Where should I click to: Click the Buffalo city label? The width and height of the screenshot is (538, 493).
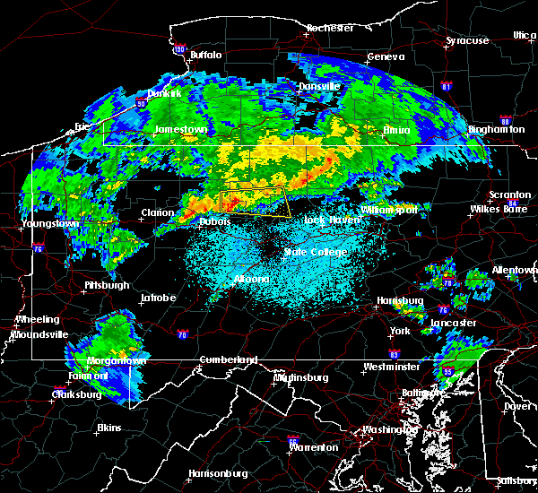tap(205, 55)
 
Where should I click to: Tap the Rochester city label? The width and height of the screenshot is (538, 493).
tap(328, 28)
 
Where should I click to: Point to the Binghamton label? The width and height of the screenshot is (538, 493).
tap(496, 129)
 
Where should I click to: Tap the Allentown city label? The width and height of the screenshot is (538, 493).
tap(514, 270)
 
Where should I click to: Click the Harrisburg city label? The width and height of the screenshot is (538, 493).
tap(400, 300)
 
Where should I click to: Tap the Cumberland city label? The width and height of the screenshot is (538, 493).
tap(228, 359)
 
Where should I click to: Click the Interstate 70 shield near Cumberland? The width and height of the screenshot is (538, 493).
tap(183, 335)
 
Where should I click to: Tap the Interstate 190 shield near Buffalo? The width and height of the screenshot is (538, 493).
tap(179, 50)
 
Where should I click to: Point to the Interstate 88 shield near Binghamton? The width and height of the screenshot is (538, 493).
tap(505, 121)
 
